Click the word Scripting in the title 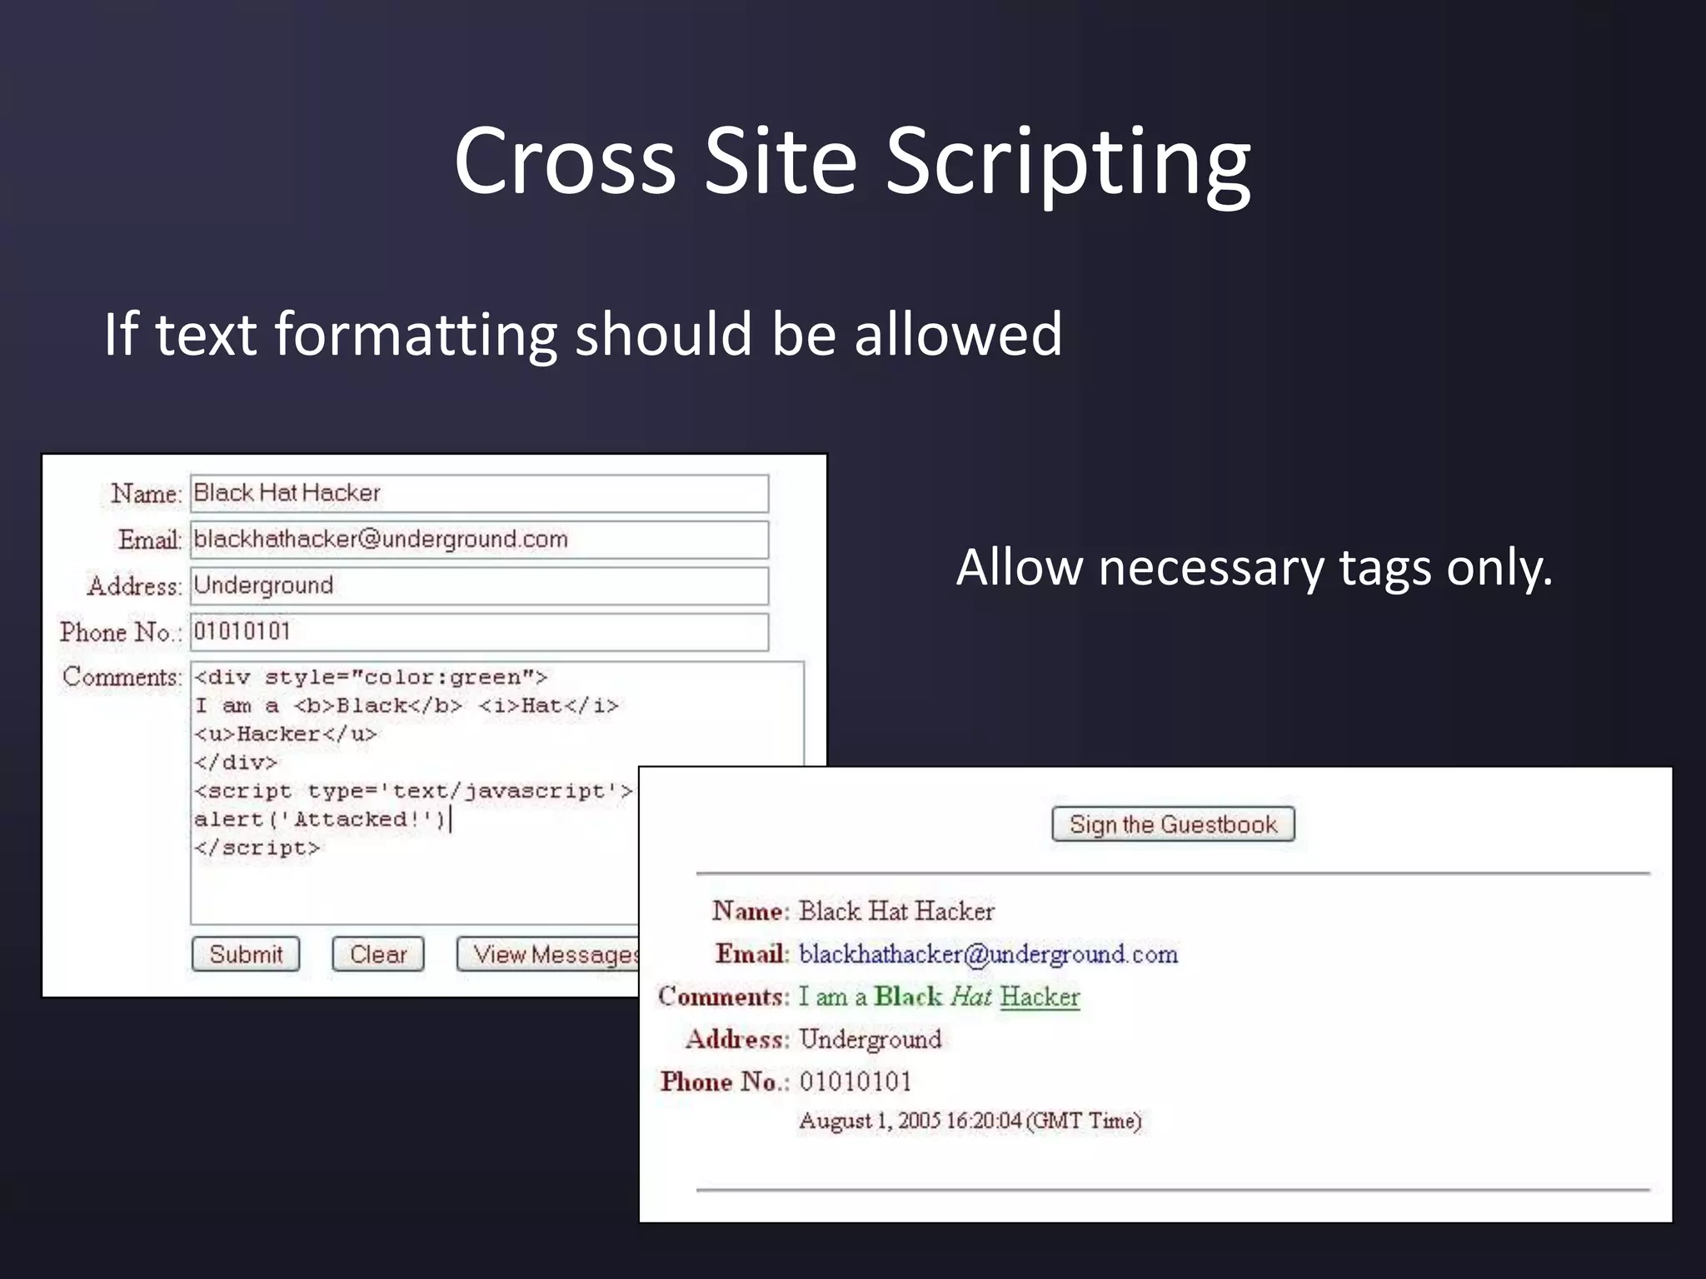[1067, 162]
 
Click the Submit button [246, 954]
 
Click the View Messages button [550, 954]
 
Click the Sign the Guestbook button [1173, 824]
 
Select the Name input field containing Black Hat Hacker [479, 494]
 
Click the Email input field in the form [479, 540]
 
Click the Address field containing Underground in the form [479, 586]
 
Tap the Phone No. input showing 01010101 [479, 632]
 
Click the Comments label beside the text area [122, 677]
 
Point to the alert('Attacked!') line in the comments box [321, 820]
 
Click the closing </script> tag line [257, 849]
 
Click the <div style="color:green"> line [370, 678]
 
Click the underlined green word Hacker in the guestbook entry [1040, 997]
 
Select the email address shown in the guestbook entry [988, 954]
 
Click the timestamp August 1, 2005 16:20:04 [970, 1121]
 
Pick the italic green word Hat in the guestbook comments [970, 997]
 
